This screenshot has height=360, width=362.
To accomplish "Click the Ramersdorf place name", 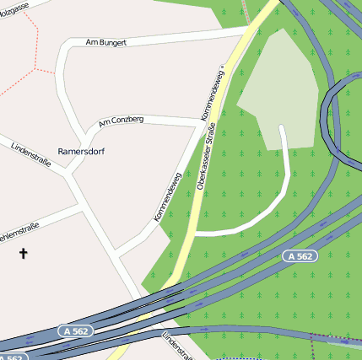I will pos(81,151).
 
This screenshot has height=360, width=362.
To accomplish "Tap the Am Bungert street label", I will pos(106,41).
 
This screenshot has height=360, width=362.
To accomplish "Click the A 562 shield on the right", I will pos(300,255).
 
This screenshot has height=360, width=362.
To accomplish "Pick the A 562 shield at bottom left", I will pos(76,331).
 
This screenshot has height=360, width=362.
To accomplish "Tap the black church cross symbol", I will pos(23,252).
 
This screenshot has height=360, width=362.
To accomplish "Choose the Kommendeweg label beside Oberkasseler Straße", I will pos(213,93).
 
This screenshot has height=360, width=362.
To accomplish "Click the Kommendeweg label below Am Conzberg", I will pos(168,198).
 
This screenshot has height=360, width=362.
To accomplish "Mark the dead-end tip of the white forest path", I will pos(282,128).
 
